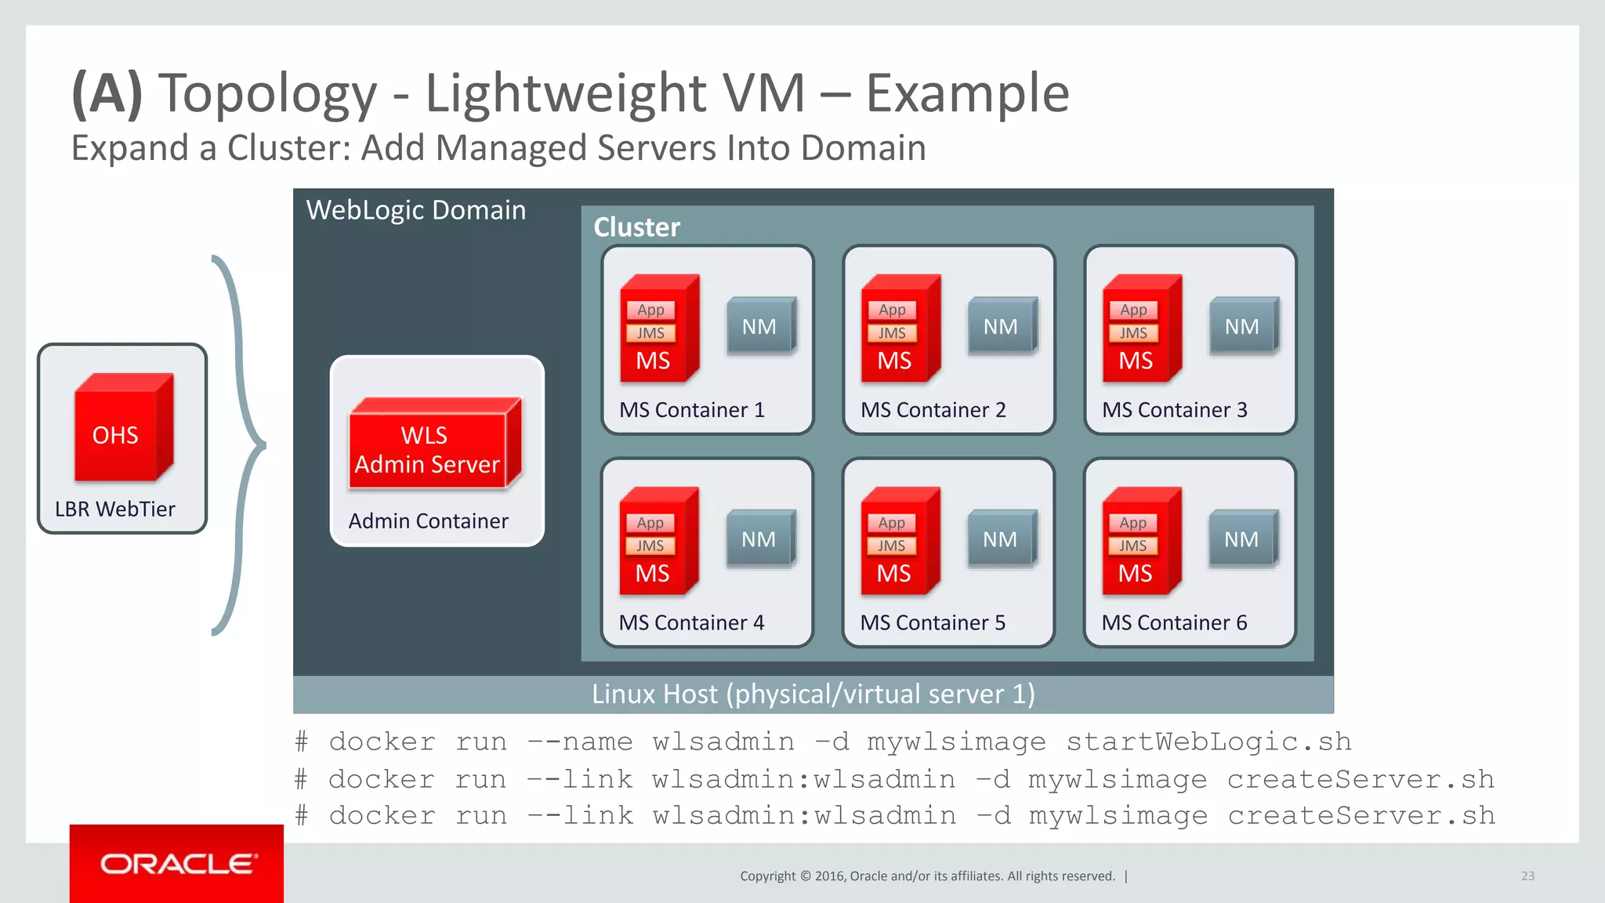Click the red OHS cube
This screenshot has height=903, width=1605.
[122, 428]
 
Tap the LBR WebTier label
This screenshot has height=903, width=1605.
[115, 510]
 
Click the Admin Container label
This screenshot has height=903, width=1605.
[428, 521]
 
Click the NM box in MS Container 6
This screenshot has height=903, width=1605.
[1242, 539]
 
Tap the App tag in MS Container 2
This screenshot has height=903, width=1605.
[892, 310]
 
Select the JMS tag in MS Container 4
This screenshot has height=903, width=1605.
[650, 546]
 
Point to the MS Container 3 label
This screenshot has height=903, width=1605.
[1174, 410]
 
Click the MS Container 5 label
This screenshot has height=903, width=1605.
[933, 622]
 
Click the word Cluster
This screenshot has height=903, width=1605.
[636, 227]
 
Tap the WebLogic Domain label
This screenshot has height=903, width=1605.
[415, 210]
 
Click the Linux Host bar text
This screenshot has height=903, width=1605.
[813, 694]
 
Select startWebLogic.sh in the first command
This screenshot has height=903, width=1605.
[1208, 742]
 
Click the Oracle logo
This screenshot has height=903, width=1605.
[177, 864]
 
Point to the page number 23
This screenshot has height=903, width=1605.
[1527, 876]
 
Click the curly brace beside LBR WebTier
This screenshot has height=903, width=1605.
[243, 445]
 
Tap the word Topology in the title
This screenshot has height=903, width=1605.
[268, 93]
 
